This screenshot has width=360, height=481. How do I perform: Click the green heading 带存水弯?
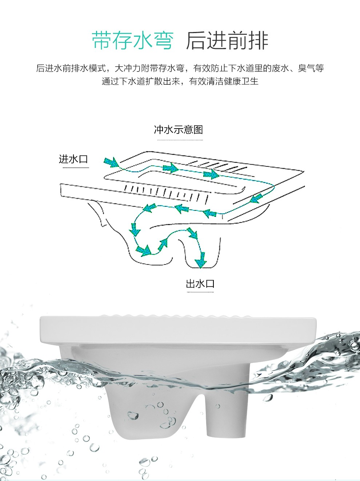(x=133, y=41)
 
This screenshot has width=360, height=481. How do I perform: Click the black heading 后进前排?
(x=227, y=41)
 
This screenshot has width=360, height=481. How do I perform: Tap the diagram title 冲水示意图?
(x=179, y=129)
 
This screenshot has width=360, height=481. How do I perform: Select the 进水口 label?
(x=73, y=159)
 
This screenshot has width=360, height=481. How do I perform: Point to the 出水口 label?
(x=200, y=284)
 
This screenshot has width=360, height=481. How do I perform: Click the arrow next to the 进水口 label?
(x=112, y=162)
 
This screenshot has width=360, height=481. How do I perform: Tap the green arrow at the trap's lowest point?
(x=144, y=250)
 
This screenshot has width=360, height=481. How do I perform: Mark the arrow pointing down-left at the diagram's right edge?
(x=256, y=199)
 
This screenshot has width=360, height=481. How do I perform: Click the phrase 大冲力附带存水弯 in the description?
(x=149, y=68)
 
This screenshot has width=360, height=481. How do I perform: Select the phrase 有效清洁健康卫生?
(x=224, y=81)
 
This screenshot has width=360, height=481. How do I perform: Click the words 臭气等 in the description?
(x=311, y=68)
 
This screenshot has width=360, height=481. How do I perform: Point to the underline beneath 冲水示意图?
(x=180, y=140)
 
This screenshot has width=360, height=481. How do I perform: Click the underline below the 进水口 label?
(x=76, y=168)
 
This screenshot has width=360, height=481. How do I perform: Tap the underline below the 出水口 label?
(x=200, y=292)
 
